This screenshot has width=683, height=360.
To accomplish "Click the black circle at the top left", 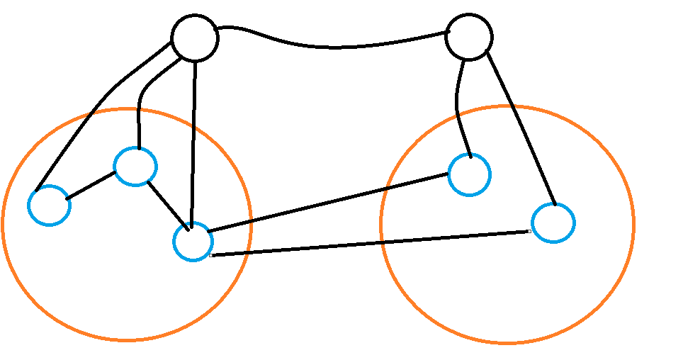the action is [x=195, y=38].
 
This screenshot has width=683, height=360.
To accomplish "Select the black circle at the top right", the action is [x=468, y=36].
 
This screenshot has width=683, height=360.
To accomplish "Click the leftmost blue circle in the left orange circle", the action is [x=49, y=205].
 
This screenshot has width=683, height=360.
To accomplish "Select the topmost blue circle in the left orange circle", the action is [x=135, y=167].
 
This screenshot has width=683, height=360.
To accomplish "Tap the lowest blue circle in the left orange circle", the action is [x=193, y=242].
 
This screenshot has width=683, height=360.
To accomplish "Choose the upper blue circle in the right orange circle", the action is [x=469, y=174].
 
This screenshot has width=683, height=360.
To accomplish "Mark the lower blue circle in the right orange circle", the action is [x=553, y=223].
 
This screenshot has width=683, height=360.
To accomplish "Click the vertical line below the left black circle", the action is [x=193, y=142].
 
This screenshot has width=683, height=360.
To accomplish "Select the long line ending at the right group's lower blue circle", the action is [x=368, y=243].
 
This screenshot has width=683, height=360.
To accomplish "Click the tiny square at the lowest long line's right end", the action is [x=529, y=231].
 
